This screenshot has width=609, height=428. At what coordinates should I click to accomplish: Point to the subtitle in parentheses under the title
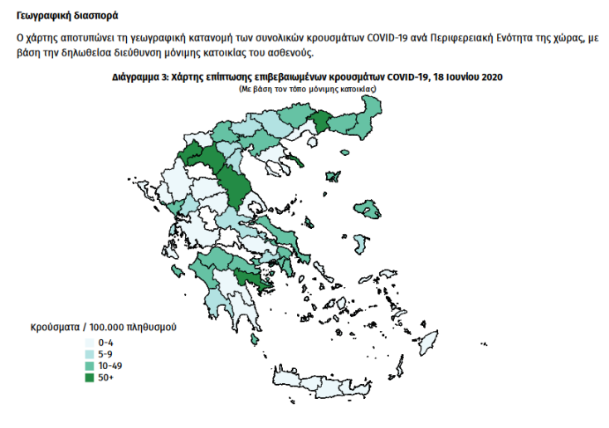coord(307,87)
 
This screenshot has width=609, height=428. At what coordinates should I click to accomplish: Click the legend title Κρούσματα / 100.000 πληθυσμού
coord(104,327)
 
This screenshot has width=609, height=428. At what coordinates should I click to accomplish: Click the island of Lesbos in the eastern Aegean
coord(366,207)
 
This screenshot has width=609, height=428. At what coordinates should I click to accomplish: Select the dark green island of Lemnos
coord(334,176)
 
